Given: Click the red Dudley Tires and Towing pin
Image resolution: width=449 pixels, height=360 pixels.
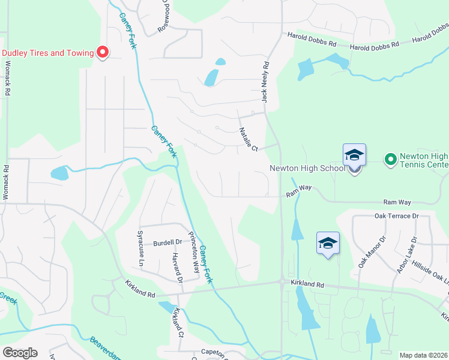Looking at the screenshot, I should [x=102, y=53].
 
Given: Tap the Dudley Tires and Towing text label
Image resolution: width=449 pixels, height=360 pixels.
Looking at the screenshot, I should [x=48, y=53].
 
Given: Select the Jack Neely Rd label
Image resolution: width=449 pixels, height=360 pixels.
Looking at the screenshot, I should [x=265, y=81].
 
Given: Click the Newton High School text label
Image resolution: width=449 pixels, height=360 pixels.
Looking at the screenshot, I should [x=307, y=168].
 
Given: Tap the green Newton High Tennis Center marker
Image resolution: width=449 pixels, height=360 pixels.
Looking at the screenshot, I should [x=390, y=159].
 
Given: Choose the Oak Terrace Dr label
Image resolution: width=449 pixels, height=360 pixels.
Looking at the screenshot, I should [x=396, y=216].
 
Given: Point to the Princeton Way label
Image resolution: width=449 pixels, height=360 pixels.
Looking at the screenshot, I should [x=193, y=253].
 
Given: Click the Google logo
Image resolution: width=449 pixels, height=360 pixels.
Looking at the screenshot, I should [x=20, y=353].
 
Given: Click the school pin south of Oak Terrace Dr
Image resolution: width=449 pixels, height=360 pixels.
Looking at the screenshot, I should [x=328, y=244].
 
